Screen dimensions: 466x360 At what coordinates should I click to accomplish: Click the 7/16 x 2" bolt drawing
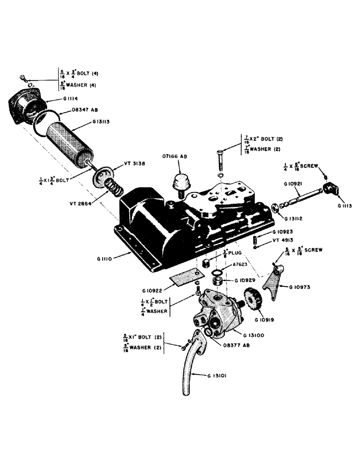click(221, 162)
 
